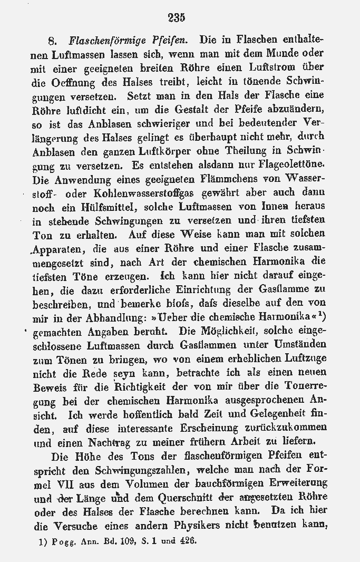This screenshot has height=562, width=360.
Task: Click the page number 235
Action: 177,17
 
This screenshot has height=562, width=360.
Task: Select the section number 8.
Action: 52,40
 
